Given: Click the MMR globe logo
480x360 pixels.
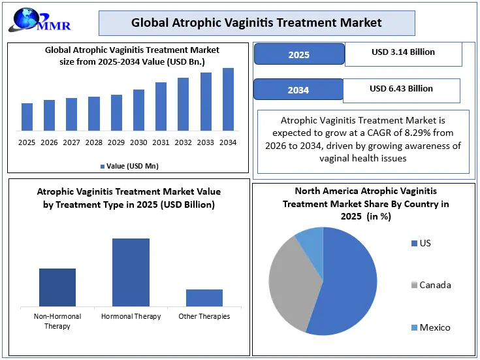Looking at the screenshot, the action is (39, 20).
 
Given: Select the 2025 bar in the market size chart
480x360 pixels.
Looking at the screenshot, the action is (27, 117).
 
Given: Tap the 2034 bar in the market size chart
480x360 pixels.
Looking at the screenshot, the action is (228, 99).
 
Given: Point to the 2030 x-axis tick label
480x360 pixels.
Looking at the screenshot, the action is (138, 142).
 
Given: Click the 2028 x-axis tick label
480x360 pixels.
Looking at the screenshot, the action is (94, 142).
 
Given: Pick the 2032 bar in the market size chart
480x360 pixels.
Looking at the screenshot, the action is (183, 105).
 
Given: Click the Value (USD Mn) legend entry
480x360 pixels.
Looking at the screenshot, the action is (129, 166).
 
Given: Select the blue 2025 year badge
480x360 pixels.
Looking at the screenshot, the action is (299, 54).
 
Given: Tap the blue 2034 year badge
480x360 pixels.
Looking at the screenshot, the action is (298, 90).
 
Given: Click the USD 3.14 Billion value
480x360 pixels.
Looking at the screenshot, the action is (403, 52).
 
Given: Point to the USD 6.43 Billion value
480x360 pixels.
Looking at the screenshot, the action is (402, 89).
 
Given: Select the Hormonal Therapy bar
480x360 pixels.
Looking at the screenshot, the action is (131, 272).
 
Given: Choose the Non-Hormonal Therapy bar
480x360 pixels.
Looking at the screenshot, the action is (57, 287).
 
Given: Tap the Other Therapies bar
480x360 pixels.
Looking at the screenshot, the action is (204, 298).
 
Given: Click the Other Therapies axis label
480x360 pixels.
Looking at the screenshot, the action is (204, 316).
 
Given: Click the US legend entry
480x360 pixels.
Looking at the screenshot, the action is (421, 243).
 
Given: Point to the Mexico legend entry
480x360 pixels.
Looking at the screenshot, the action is (431, 327).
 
